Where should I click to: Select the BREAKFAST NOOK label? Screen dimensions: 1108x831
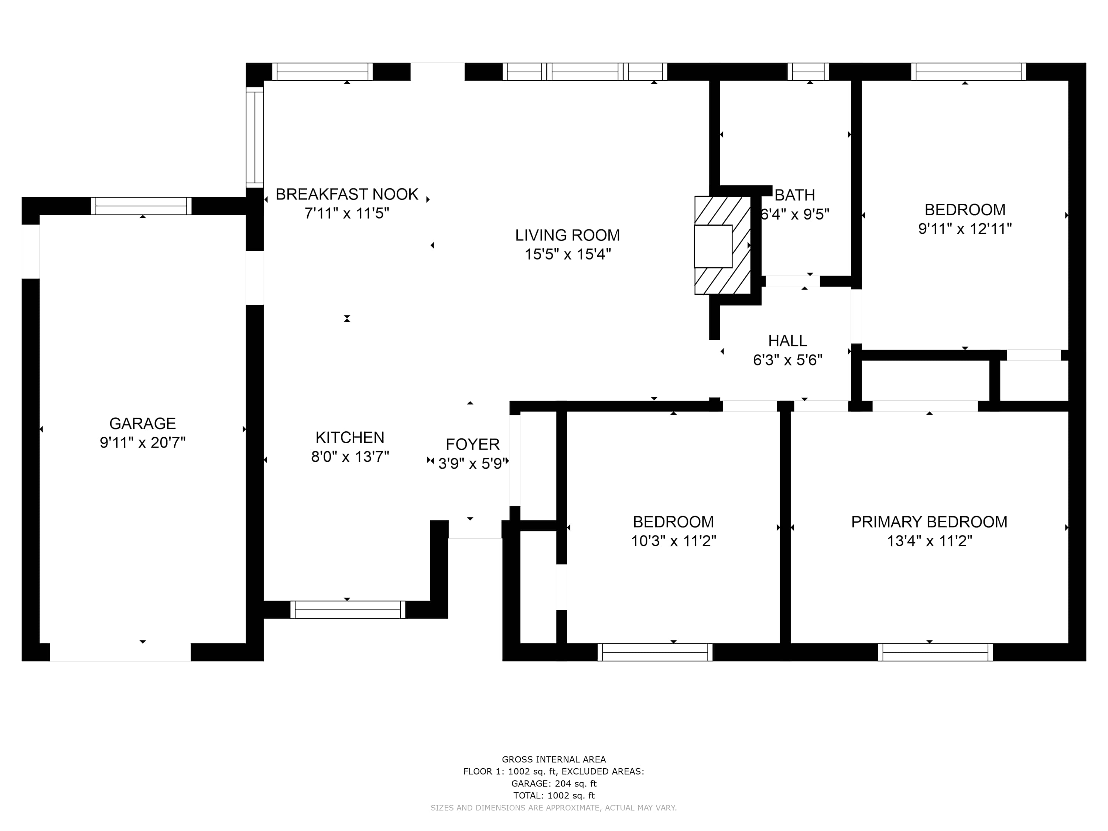point(347,194)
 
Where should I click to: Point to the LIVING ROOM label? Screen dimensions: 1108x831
point(568,235)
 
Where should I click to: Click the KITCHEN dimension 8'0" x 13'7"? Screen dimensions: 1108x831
point(350,457)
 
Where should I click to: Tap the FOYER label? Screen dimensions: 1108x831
point(472,444)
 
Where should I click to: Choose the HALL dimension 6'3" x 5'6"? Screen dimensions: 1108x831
point(787,360)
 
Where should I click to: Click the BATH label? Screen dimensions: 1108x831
point(795,195)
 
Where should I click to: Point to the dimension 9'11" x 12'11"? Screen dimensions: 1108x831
point(965,229)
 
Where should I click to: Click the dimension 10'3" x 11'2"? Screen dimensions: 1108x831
point(673,541)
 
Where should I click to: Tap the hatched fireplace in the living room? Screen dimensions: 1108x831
point(722,246)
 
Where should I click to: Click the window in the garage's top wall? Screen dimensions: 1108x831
point(141,206)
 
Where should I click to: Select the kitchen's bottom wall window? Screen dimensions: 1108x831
point(348,610)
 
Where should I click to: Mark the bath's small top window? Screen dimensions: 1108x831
point(808,72)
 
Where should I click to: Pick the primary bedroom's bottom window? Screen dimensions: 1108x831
point(935,652)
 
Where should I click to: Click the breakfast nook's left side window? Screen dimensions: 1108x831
point(254,137)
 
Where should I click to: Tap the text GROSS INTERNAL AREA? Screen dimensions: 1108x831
point(554,759)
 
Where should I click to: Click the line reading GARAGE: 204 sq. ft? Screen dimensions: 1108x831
point(554,783)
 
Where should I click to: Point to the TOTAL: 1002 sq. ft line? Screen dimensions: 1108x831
point(554,796)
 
